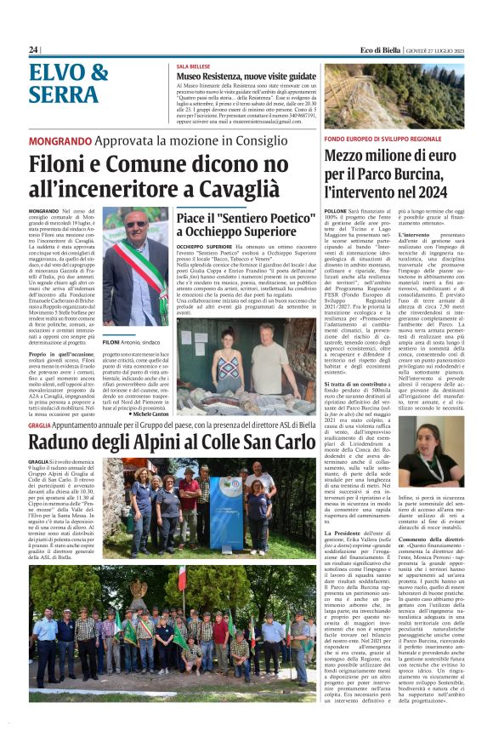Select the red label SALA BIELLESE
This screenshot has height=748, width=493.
[x=194, y=66]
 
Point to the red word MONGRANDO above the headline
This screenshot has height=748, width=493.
[x=60, y=140]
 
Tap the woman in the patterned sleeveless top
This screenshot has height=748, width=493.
[x=228, y=367]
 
